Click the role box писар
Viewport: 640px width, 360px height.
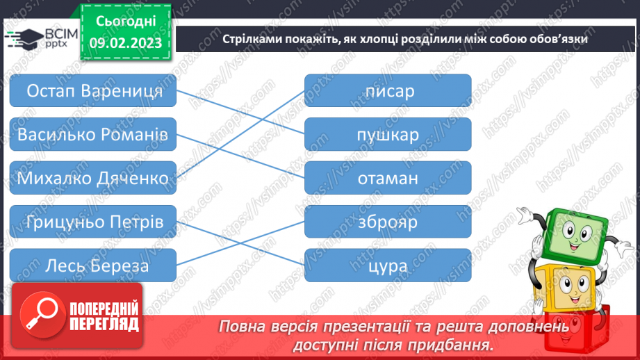pos(388,91)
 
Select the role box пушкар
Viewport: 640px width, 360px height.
pos(388,134)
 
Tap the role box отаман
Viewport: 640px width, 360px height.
pos(388,178)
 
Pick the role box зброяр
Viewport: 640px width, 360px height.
pos(388,222)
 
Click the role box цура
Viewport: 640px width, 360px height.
pos(388,265)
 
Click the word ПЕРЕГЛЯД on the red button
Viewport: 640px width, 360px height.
pos(102,323)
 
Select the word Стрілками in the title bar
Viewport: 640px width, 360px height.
pos(251,39)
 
